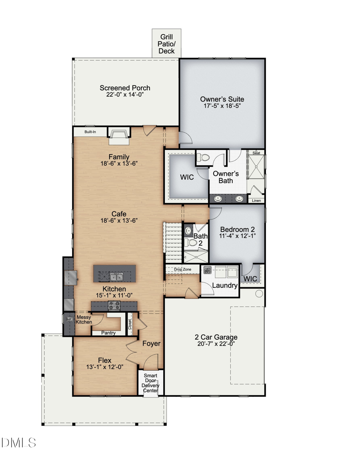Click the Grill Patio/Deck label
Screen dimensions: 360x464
tap(166, 44)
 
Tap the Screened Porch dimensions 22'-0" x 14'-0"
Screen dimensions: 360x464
tap(125, 95)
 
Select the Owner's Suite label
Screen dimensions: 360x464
tap(222, 99)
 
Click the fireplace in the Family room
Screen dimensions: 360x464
tap(119, 136)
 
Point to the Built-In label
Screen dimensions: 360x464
tap(90, 132)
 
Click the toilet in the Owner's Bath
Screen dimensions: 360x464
tap(203, 157)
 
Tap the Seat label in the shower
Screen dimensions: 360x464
tap(256, 153)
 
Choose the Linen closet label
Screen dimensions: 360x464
tap(256, 201)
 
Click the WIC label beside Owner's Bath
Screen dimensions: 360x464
tap(187, 177)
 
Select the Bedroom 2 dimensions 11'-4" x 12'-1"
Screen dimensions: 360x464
tap(238, 236)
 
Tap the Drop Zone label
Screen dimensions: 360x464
tap(183, 270)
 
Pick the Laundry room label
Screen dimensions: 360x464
tap(225, 286)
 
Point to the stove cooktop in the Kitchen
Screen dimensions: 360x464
tap(114, 306)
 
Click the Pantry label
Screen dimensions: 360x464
tap(108, 333)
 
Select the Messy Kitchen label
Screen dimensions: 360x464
tap(84, 320)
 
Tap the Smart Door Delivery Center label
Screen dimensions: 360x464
tap(151, 383)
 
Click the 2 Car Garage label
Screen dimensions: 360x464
tap(216, 337)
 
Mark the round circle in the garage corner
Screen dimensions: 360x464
tap(259, 294)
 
